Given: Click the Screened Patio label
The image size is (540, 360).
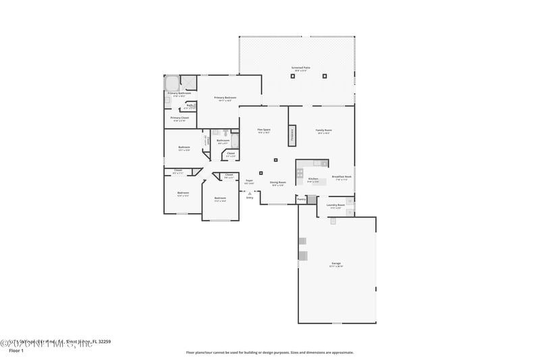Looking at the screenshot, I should point(300,69).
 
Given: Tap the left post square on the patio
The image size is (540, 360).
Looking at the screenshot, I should point(292,76).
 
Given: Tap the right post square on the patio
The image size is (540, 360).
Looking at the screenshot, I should point(325,76).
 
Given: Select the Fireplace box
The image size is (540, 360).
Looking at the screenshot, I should point(292,134).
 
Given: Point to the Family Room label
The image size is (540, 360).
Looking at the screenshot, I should point(324,130).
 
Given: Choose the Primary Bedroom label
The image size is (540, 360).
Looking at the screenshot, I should point(225,99).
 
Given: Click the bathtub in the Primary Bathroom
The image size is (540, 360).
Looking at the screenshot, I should point(172,84).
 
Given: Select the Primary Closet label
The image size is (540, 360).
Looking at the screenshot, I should point(180,118).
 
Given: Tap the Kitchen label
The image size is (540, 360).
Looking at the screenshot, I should point(313,180).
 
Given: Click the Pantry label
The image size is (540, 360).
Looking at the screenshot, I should point(301,199).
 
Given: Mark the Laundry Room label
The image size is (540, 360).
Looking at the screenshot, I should point(335,205).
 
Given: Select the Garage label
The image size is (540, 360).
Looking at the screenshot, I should point(336,263).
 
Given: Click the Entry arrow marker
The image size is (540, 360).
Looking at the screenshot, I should point(250,193).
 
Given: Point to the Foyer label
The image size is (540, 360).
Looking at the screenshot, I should point(249,180).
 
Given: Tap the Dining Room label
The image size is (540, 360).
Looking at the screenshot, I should point(278,182).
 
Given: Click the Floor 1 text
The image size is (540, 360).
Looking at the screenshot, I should point(16,351).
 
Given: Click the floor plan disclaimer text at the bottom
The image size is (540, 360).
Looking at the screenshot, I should point(269,352).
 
